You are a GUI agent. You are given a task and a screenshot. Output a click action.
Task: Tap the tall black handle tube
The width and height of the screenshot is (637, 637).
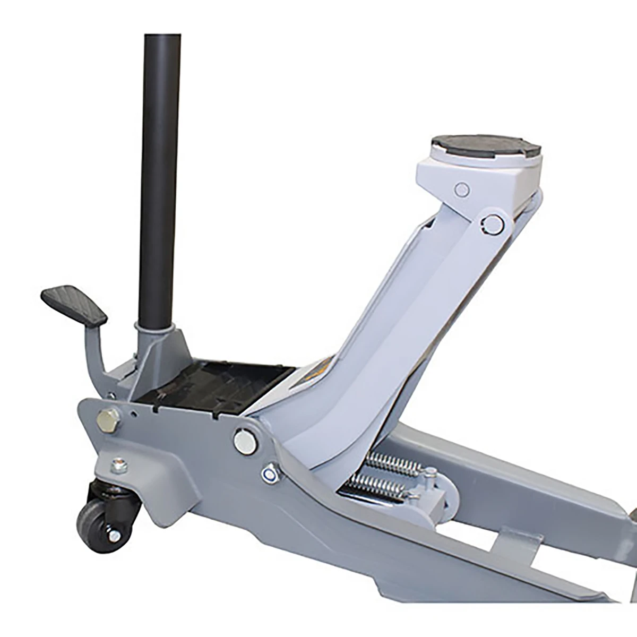point(159,175)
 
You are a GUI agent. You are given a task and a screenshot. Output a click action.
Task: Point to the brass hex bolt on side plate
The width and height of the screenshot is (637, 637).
point(108,420)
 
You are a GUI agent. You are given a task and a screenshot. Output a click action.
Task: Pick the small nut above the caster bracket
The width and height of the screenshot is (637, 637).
point(119,467)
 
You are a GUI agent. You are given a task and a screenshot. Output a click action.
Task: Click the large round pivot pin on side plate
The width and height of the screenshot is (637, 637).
point(245,442)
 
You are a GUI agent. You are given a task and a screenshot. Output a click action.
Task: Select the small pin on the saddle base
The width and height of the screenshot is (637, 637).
point(462,189)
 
